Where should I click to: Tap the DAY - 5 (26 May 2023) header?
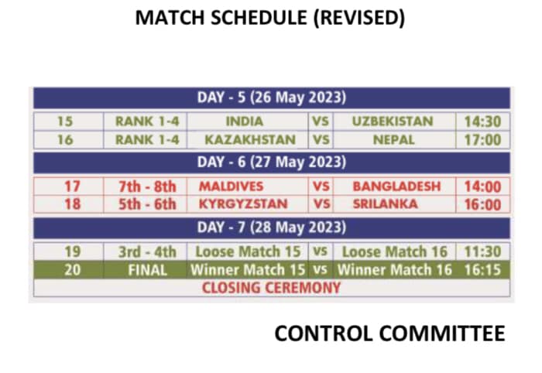271,98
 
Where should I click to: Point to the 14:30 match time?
482,121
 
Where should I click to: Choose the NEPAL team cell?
393,139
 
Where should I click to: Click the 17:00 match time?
482,140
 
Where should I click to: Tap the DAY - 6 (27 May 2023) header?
271,162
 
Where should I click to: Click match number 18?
73,204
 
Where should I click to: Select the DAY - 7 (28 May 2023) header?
271,228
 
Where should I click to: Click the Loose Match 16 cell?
395,252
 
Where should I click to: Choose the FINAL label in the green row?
148,270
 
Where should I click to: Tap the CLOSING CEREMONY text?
271,288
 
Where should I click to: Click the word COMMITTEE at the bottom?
442,334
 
